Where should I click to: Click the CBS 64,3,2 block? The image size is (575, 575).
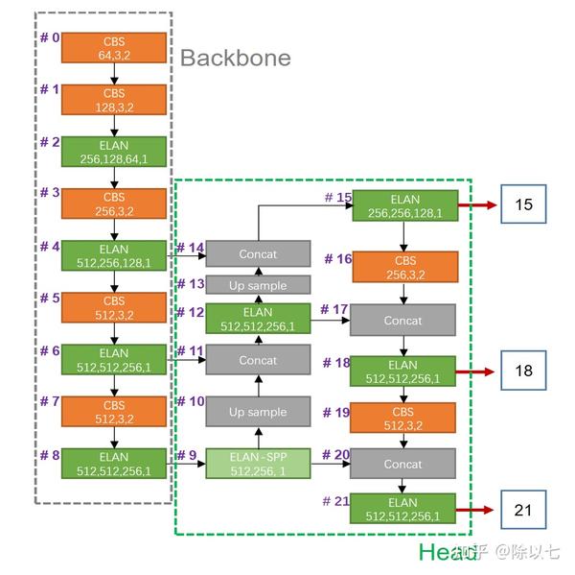point(114,48)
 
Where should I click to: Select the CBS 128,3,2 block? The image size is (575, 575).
point(114,100)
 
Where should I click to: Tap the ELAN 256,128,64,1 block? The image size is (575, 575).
point(114,152)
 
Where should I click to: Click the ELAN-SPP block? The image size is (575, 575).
point(258,464)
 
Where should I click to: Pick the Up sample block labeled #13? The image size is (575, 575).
point(258,285)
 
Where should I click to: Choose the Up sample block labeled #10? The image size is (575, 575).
point(258,412)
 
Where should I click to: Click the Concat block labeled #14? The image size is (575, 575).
point(258,253)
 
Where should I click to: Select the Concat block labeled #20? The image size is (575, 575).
point(402,464)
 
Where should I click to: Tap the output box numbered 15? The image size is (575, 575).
point(523,204)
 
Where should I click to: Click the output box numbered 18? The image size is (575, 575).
point(523,371)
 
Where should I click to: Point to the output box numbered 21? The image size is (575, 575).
point(523,510)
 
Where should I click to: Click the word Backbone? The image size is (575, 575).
point(236,58)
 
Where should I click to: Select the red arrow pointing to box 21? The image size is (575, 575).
point(474,510)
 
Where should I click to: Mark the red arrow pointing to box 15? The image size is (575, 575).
point(477,205)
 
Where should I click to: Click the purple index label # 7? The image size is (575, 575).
point(50,401)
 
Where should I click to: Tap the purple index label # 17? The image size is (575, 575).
point(334,309)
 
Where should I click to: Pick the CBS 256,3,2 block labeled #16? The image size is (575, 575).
point(405,267)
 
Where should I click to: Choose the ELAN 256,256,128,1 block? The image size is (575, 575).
point(405,205)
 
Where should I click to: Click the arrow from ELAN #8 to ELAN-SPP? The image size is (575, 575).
point(186,464)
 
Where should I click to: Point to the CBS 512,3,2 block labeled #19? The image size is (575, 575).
point(402,418)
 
